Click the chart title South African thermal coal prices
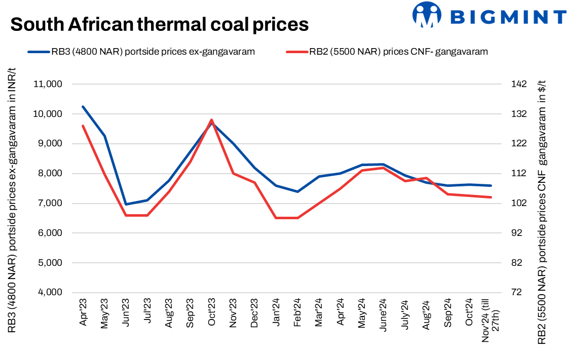pos(159,24)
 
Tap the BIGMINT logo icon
pos(427,15)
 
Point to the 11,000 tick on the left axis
pos(48,84)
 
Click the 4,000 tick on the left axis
pos(50,293)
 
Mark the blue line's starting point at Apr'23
pos(83,106)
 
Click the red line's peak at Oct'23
pos(211,120)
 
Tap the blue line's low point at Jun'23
pos(126,205)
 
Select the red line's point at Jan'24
pos(276,218)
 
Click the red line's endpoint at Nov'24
pos(491,197)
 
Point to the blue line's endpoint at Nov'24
pos(491,185)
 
